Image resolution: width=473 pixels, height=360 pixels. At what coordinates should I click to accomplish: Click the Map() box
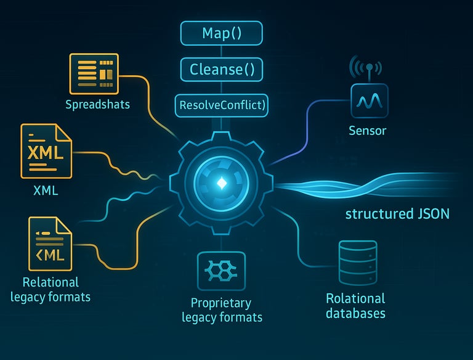[x=222, y=33]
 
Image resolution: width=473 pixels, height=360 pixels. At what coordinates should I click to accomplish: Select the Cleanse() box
[x=222, y=69]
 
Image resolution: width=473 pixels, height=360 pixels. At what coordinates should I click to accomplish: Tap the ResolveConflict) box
[x=222, y=105]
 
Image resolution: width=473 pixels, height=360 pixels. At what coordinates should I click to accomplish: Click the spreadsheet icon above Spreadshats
[x=94, y=73]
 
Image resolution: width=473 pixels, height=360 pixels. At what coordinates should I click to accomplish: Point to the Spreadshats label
[x=98, y=104]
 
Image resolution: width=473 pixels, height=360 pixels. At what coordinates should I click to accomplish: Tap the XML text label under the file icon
[x=46, y=190]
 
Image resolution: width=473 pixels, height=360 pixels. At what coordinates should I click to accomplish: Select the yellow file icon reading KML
[x=50, y=243]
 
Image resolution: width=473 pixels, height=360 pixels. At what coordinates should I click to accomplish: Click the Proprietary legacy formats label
[x=222, y=310]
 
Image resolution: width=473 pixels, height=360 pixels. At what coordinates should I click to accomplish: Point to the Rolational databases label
[x=355, y=306]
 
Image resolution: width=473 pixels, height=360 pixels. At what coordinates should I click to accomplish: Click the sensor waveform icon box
[x=368, y=100]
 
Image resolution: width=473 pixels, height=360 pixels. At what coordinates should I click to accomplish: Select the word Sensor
[x=368, y=131]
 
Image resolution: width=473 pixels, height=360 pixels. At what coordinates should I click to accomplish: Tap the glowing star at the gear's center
[x=221, y=183]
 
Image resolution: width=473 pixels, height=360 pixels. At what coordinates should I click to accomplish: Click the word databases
[x=355, y=313]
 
